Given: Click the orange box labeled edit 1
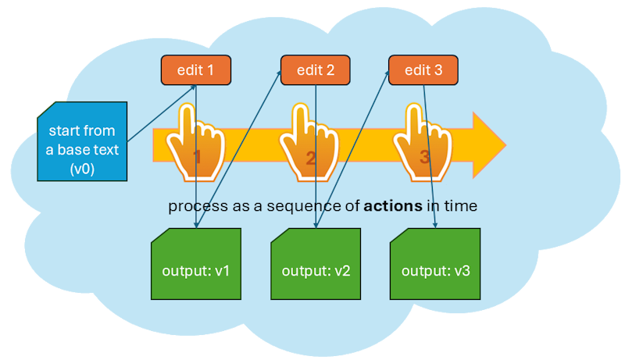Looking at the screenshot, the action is [196, 70].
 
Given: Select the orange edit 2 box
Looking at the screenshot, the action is [316, 70].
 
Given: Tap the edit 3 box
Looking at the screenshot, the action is [423, 70].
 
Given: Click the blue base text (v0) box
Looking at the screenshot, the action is [82, 141].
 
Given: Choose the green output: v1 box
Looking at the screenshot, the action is [196, 264].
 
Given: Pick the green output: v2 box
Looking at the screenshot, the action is [316, 264].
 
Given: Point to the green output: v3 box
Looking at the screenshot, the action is [435, 264].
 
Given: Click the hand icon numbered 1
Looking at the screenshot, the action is [195, 143].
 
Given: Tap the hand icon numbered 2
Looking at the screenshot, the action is [309, 143].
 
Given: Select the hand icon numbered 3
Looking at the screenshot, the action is [423, 143].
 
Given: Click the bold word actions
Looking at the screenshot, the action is [393, 206].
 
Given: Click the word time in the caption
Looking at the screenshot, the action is [461, 206].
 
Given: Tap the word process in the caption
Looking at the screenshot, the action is [193, 207].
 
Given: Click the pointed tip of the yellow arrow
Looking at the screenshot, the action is [506, 145].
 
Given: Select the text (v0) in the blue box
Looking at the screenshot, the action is [82, 169].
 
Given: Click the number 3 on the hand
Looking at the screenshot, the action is [424, 157].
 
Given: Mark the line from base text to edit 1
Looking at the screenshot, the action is [162, 113].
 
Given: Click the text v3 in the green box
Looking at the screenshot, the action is [462, 271].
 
